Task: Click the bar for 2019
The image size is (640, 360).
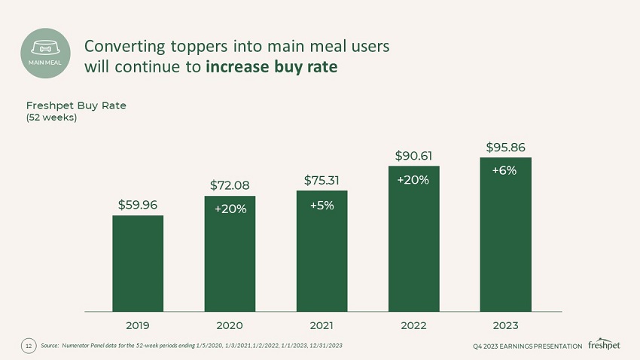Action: click(138, 263)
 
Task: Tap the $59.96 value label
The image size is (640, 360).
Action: click(138, 203)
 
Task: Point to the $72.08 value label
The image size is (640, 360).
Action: click(230, 185)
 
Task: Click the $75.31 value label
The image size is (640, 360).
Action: click(322, 179)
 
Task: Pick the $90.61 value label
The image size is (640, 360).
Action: click(413, 155)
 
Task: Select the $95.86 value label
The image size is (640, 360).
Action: click(505, 146)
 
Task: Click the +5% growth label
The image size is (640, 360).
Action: click(322, 206)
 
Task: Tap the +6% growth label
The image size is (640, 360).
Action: click(504, 170)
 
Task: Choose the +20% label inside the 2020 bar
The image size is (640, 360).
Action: click(230, 209)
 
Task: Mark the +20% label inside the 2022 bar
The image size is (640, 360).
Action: click(413, 180)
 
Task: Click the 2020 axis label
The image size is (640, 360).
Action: click(230, 325)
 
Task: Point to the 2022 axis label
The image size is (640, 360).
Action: click(413, 325)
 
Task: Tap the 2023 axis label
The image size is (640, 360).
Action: click(505, 325)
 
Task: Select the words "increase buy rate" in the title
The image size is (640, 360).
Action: click(271, 66)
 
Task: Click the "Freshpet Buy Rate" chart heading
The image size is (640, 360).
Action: click(76, 105)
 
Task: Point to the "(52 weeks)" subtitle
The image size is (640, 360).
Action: click(52, 117)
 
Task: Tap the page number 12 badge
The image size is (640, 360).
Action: click(29, 346)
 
